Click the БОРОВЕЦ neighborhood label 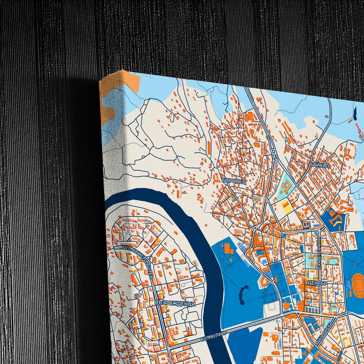[x=234, y=181]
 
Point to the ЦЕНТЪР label [x=317, y=283]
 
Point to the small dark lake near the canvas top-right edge [x=355, y=114]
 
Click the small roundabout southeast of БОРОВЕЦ [x=255, y=228]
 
